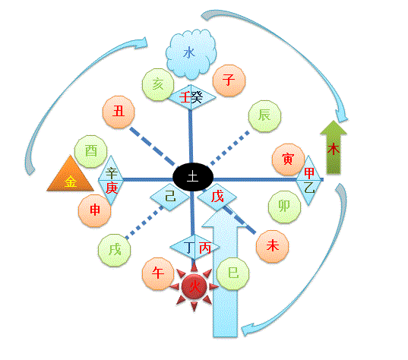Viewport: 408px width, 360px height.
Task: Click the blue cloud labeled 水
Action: (191, 54)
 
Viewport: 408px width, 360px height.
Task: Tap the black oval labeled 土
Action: (193, 177)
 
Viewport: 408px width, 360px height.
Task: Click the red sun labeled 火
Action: (194, 286)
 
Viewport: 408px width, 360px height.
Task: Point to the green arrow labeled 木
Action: (334, 147)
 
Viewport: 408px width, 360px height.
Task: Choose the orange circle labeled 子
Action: (229, 81)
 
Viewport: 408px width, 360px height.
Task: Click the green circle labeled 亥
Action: (158, 84)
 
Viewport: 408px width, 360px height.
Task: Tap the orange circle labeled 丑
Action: (119, 112)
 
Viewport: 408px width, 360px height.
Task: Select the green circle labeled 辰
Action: (264, 116)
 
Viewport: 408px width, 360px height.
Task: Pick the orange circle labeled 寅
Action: (288, 159)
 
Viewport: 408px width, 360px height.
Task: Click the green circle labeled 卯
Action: (284, 207)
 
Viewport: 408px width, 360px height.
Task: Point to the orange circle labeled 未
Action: (273, 246)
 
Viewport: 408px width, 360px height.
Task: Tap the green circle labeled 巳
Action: (233, 273)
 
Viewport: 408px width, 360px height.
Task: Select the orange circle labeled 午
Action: (158, 273)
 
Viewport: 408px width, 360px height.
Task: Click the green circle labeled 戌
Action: (115, 250)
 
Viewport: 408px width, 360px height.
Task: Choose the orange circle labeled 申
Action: (95, 210)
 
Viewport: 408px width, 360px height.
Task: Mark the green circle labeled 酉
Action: (91, 151)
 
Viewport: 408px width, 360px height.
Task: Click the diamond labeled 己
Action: (170, 197)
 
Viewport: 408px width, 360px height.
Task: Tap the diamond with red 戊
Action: (217, 197)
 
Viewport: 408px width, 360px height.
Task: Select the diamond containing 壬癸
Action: (191, 98)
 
